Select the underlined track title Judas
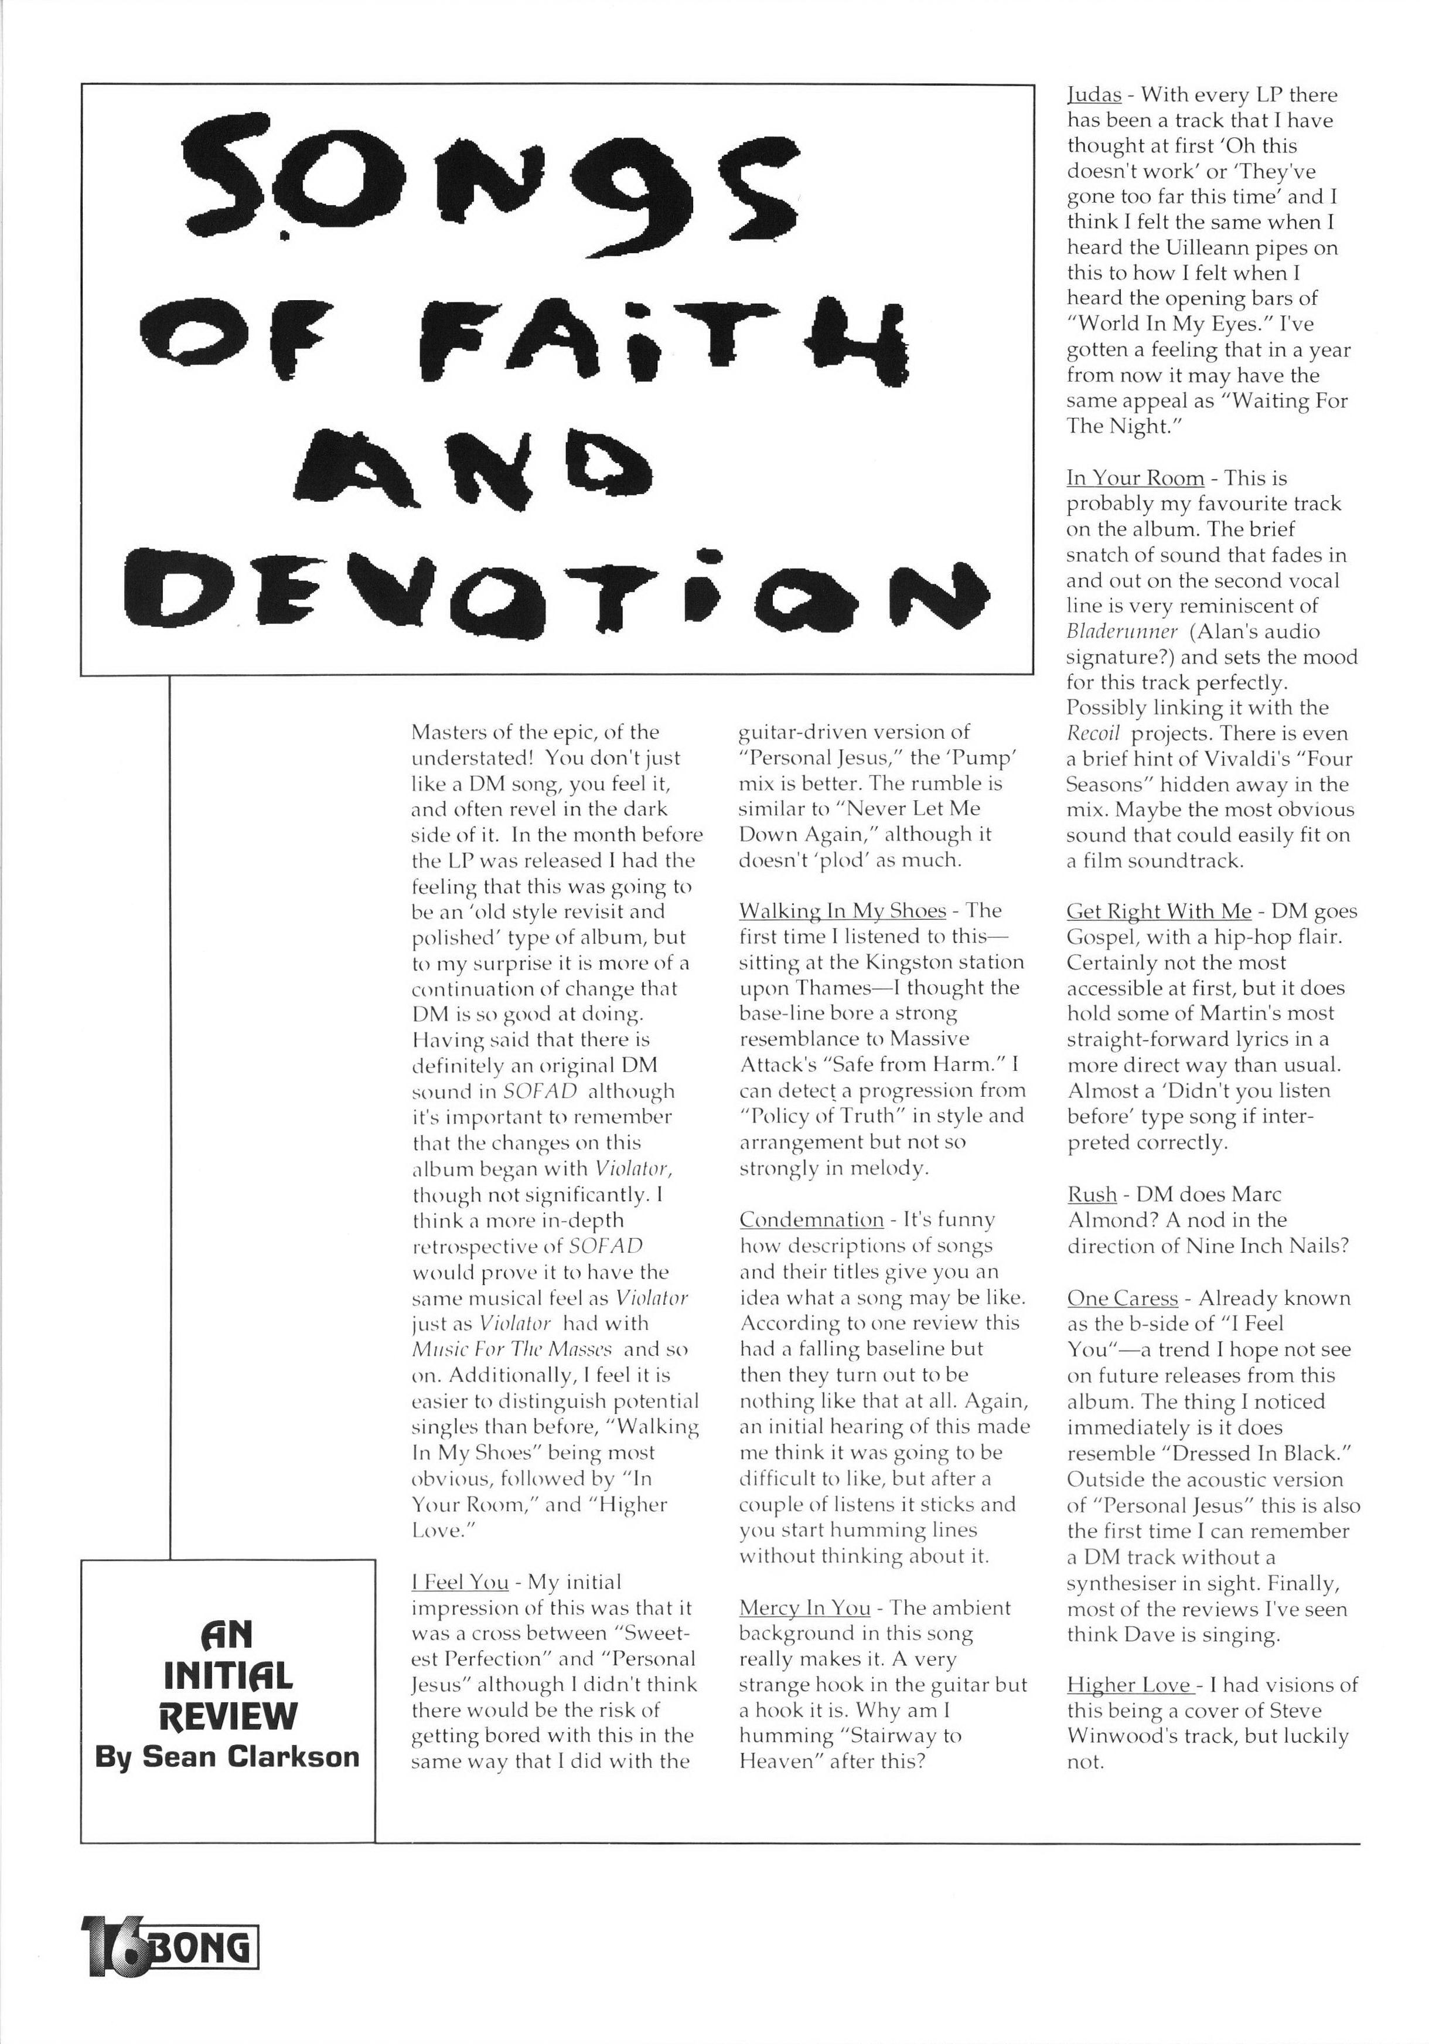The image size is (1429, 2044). pyautogui.click(x=1093, y=96)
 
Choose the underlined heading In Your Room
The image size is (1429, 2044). pyautogui.click(x=1134, y=478)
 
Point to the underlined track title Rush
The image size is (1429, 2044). pyautogui.click(x=1092, y=1195)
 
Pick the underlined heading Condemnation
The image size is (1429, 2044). pyautogui.click(x=811, y=1220)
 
